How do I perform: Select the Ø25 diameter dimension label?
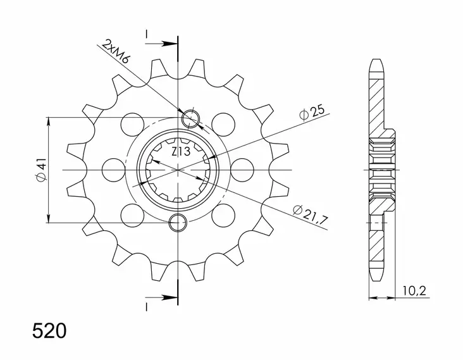coord(313,113)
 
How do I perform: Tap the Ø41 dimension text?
coord(40,170)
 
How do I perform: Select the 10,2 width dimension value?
coord(416,292)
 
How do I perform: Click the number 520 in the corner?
coord(49,331)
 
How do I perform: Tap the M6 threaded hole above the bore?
coord(190,118)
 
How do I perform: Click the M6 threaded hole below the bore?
coord(179,222)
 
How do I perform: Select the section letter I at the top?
coord(146,34)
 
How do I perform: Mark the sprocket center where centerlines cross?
coord(179,170)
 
